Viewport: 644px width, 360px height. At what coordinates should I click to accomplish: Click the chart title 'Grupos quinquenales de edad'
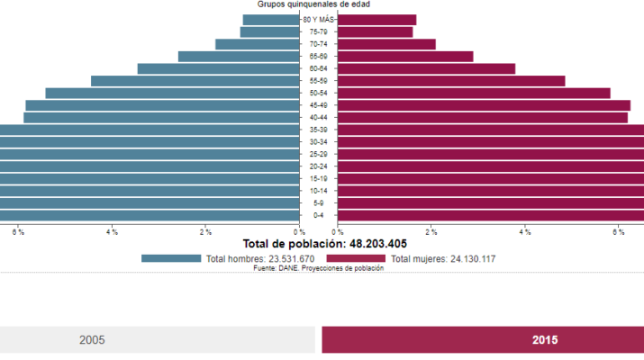(x=313, y=4)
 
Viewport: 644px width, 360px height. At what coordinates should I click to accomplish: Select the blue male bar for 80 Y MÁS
(x=270, y=20)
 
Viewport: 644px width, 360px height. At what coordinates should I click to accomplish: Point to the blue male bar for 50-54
(x=171, y=93)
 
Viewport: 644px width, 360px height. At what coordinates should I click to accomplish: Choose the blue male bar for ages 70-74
(x=257, y=44)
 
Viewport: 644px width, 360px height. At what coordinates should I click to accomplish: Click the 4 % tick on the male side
(x=112, y=232)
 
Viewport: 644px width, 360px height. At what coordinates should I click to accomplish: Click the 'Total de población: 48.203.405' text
(x=324, y=244)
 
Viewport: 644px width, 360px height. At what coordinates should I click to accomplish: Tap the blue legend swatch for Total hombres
(x=171, y=258)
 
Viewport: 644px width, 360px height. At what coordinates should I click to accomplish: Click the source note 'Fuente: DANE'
(x=318, y=268)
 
